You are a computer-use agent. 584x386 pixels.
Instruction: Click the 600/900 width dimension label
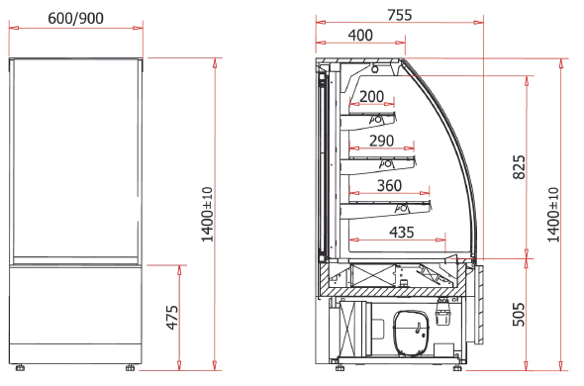pyautogui.click(x=75, y=18)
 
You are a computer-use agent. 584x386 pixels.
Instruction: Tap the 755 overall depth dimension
pyautogui.click(x=400, y=15)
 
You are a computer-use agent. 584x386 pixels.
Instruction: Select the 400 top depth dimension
pyautogui.click(x=360, y=35)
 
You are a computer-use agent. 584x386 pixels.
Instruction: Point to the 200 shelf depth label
pyautogui.click(x=372, y=97)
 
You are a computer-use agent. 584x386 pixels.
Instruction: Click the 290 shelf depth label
pyautogui.click(x=381, y=141)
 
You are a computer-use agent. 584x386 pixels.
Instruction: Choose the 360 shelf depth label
pyautogui.click(x=389, y=185)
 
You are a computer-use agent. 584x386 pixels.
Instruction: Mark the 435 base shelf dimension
pyautogui.click(x=402, y=233)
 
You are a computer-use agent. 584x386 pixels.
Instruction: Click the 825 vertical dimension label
pyautogui.click(x=519, y=167)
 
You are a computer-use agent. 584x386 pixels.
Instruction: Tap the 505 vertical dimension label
pyautogui.click(x=519, y=315)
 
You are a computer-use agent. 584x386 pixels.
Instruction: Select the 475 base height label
pyautogui.click(x=172, y=318)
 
